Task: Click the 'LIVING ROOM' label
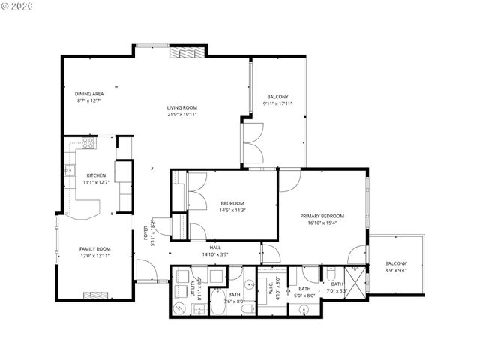click(181, 108)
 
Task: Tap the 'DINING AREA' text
click(89, 94)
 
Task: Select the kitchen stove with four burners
click(88, 142)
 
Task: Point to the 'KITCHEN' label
click(96, 175)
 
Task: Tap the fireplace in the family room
click(95, 294)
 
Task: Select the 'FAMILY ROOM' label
click(95, 248)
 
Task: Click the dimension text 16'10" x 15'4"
click(322, 223)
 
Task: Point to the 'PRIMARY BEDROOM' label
click(322, 216)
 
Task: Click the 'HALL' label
click(215, 247)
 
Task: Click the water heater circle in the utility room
click(179, 308)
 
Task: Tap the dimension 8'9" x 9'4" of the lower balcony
click(395, 270)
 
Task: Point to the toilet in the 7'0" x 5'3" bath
click(331, 275)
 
